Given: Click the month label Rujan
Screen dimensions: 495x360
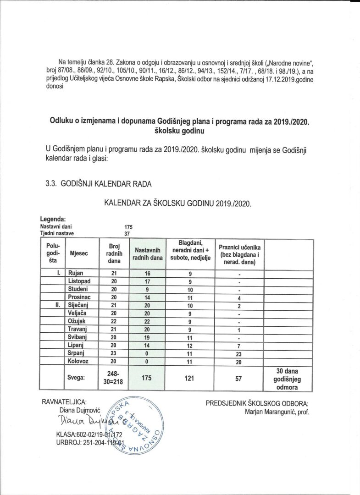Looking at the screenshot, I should (x=76, y=274).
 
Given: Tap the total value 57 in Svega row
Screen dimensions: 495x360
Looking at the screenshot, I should (x=239, y=379).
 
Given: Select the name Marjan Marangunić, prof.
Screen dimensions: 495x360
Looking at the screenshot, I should (x=277, y=412).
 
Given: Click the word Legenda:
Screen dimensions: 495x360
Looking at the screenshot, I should (x=53, y=219).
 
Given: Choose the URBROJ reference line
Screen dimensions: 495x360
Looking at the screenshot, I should (x=90, y=443).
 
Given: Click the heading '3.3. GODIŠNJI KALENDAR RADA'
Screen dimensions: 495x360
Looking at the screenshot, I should (x=98, y=184).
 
